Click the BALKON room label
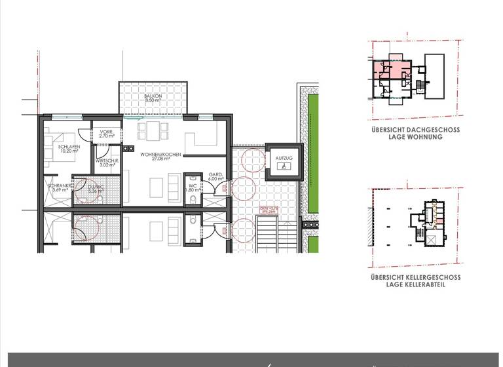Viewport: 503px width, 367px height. coord(153,96)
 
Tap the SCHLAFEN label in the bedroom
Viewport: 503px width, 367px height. coord(69,146)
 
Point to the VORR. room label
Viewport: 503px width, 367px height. coord(107,132)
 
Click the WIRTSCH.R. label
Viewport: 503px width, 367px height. coord(107,161)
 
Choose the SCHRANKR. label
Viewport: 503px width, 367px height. coord(60,186)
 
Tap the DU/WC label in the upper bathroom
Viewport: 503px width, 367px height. coord(96,187)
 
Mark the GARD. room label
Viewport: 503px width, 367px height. coord(216,174)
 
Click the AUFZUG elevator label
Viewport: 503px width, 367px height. coord(284,158)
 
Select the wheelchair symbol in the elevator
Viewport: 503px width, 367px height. coord(284,167)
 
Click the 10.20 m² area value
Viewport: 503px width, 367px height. coord(69,151)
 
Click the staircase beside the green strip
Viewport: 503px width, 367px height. coord(270,236)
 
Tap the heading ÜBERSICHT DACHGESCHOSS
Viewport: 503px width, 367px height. coord(415,130)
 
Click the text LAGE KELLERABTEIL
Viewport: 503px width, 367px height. coord(415,284)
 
